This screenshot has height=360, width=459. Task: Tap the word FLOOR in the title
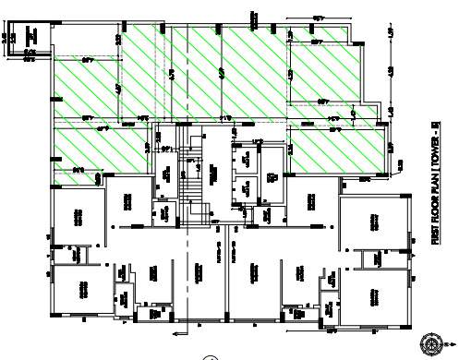click(435, 208)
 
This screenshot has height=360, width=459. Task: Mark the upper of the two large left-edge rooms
click(78, 218)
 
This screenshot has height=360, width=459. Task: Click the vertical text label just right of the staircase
click(212, 172)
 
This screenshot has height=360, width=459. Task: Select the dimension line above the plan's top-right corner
click(319, 18)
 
